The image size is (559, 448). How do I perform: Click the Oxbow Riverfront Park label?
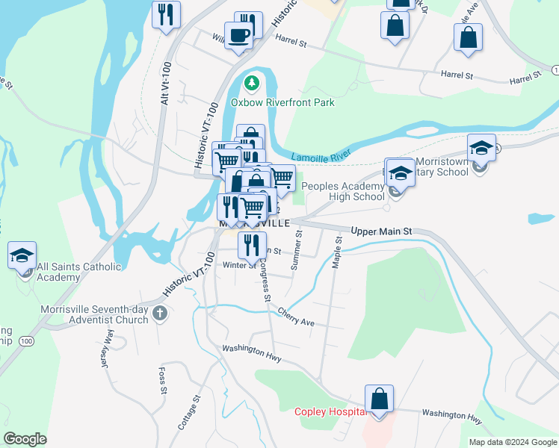point(282,102)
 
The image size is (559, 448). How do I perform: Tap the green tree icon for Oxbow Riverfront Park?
point(252,82)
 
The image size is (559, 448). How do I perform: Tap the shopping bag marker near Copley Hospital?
point(380,399)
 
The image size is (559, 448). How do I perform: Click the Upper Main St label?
point(383,232)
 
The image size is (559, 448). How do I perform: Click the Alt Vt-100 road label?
point(166,82)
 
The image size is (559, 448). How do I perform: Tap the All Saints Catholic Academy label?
point(68,272)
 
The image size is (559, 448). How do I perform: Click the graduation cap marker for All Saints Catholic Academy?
point(22,255)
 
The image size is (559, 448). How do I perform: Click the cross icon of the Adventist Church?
point(159,314)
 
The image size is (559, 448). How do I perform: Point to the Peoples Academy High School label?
point(353,191)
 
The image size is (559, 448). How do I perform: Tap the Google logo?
point(25,438)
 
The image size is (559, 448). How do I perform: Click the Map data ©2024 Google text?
point(511,442)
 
